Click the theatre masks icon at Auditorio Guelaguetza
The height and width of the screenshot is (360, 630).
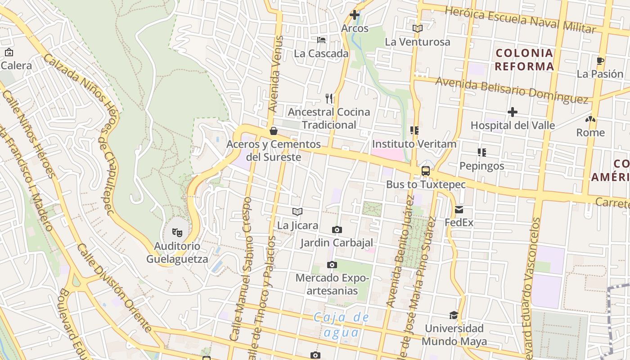pyautogui.click(x=177, y=233)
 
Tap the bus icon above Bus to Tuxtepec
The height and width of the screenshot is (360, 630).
pyautogui.click(x=425, y=171)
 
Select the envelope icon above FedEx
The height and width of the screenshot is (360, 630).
pyautogui.click(x=459, y=209)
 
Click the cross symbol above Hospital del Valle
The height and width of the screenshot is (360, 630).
pyautogui.click(x=512, y=112)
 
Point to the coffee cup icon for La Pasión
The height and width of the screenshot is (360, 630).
pyautogui.click(x=599, y=61)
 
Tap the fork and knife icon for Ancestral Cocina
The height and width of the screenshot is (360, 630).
pyautogui.click(x=329, y=98)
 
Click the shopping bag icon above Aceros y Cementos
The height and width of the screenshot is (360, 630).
pyautogui.click(x=273, y=131)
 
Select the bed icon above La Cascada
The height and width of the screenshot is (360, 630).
pyautogui.click(x=321, y=40)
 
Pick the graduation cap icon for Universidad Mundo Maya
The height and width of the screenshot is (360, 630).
pyautogui.click(x=454, y=315)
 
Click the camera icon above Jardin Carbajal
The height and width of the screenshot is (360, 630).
pyautogui.click(x=337, y=230)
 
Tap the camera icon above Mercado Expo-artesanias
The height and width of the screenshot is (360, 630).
pyautogui.click(x=332, y=265)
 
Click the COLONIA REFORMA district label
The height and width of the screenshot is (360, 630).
pyautogui.click(x=524, y=60)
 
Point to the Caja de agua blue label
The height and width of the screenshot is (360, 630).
pyautogui.click(x=342, y=325)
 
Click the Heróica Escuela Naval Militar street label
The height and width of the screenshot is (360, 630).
pyautogui.click(x=520, y=20)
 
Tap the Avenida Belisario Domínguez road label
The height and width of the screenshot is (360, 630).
pyautogui.click(x=512, y=90)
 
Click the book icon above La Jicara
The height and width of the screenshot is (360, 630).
pyautogui.click(x=297, y=211)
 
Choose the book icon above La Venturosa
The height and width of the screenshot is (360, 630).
pyautogui.click(x=417, y=28)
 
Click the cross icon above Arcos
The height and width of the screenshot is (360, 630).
pyautogui.click(x=355, y=14)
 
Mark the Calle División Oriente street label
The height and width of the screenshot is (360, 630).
pyautogui.click(x=115, y=288)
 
